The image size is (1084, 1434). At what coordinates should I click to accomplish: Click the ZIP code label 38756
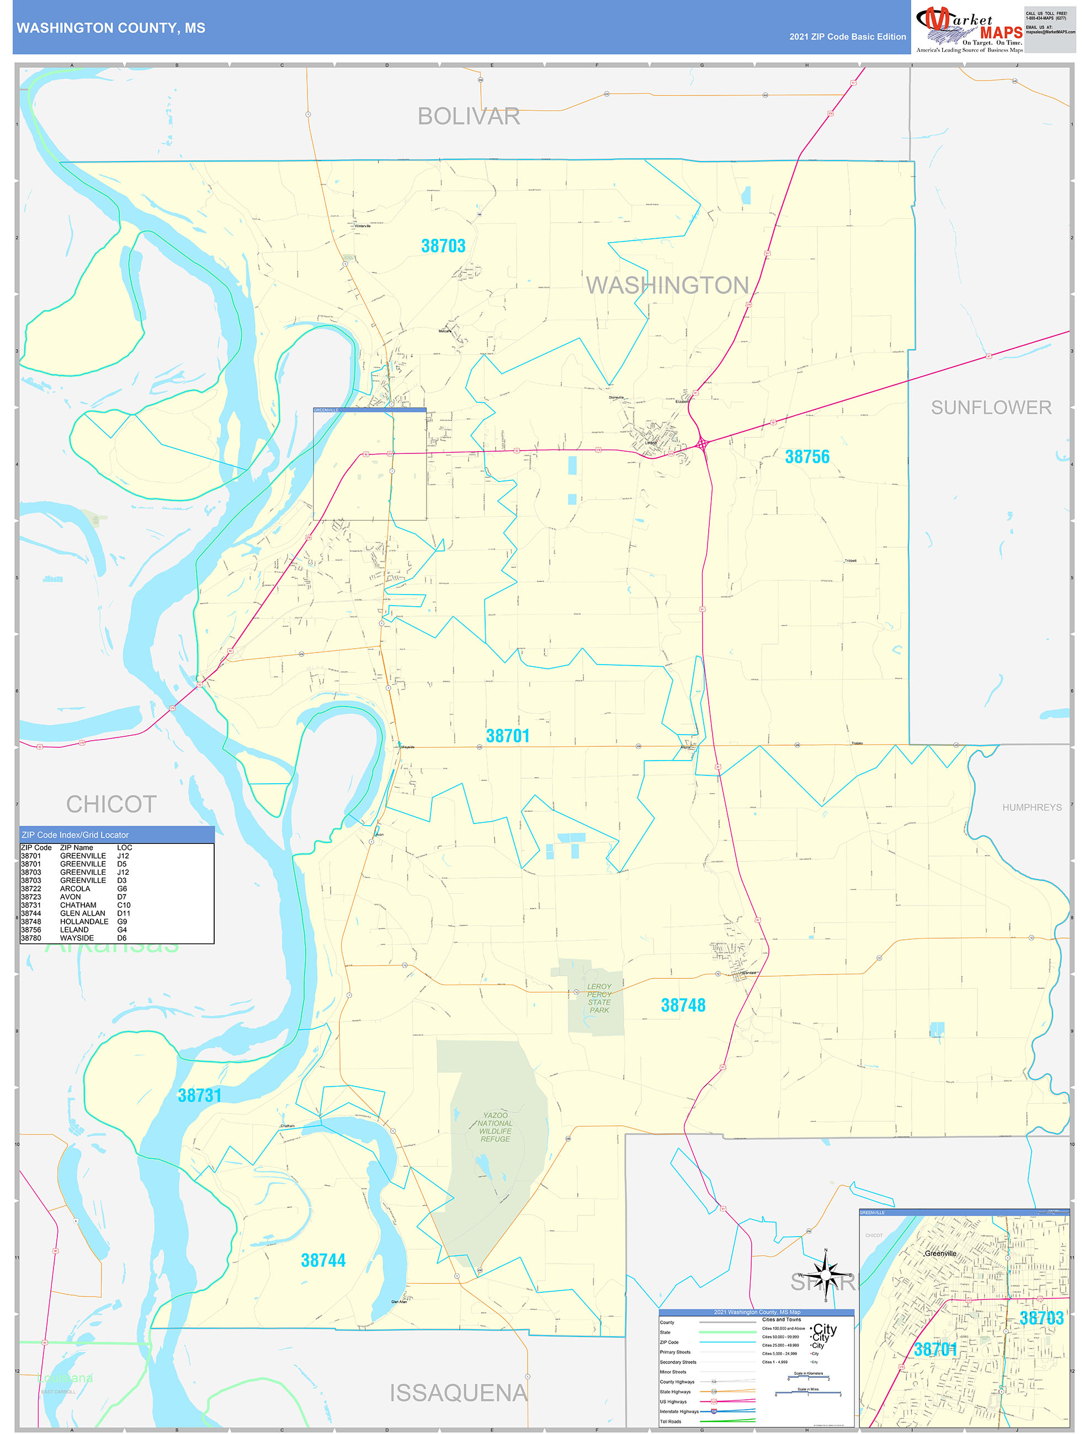[x=807, y=457]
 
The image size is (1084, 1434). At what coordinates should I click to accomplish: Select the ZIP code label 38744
[x=323, y=1260]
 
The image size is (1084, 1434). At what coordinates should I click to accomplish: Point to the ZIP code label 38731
[x=200, y=1095]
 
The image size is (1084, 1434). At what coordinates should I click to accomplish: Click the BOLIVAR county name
[x=469, y=117]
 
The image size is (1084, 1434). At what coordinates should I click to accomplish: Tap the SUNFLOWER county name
[x=991, y=408]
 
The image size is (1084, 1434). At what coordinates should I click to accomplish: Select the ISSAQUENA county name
[x=458, y=1393]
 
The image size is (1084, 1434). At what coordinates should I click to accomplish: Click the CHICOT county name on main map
[x=111, y=805]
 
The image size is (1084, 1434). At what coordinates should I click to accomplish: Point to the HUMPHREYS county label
[x=1032, y=807]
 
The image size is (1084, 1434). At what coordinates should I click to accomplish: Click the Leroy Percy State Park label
[x=599, y=998]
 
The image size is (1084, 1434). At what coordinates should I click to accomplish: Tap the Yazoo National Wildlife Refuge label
[x=495, y=1127]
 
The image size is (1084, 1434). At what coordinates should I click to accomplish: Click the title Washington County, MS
[x=111, y=28]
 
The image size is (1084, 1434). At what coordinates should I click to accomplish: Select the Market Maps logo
[x=969, y=29]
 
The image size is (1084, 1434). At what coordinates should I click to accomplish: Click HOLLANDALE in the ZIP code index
[x=84, y=921]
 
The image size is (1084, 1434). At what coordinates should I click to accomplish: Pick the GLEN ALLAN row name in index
[x=82, y=913]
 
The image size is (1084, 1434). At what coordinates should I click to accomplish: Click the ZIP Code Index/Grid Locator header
[x=75, y=835]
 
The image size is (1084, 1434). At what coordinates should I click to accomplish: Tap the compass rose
[x=825, y=1275]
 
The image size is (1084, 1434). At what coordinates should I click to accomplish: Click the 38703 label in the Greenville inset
[x=1041, y=1318]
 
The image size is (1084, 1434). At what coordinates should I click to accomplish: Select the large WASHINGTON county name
[x=667, y=285]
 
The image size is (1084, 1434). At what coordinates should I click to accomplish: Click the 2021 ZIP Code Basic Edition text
[x=847, y=37]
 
